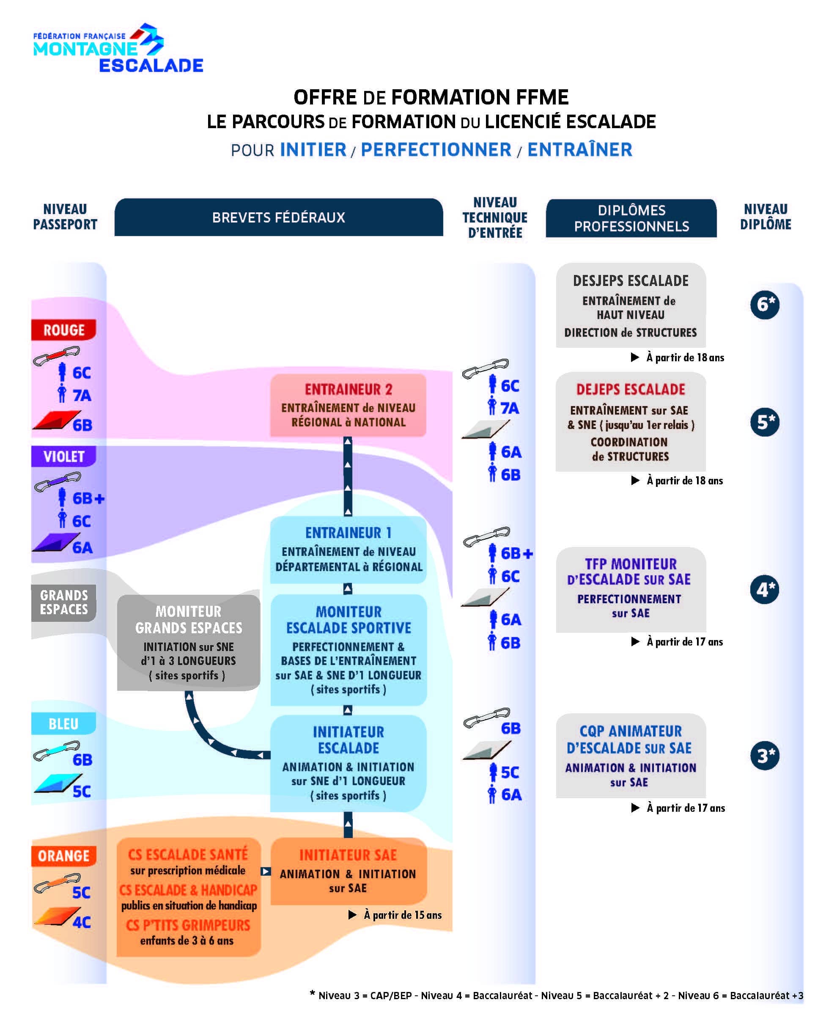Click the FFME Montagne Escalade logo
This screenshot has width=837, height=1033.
(118, 48)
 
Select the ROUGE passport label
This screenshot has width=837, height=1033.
(63, 330)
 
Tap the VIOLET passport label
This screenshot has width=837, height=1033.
(63, 456)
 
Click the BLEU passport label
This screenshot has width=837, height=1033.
(63, 723)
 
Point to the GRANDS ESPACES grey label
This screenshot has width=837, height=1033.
(63, 602)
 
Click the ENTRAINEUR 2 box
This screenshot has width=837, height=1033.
(348, 405)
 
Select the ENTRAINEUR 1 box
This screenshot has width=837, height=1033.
(348, 549)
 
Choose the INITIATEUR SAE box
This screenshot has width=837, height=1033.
(348, 871)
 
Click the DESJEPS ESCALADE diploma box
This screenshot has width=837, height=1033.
(630, 305)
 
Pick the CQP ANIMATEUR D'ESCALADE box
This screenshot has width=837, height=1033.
(630, 755)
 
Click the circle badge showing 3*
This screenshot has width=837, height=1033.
(764, 756)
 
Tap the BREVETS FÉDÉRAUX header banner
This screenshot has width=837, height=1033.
(278, 217)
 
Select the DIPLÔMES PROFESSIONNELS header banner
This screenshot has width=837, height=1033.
(631, 218)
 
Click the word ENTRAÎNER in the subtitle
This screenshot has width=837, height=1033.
(579, 150)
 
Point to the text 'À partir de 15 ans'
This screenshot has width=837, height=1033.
(402, 915)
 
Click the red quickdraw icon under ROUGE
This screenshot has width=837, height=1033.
(56, 357)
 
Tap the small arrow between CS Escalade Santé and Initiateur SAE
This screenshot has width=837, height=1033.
(265, 871)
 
